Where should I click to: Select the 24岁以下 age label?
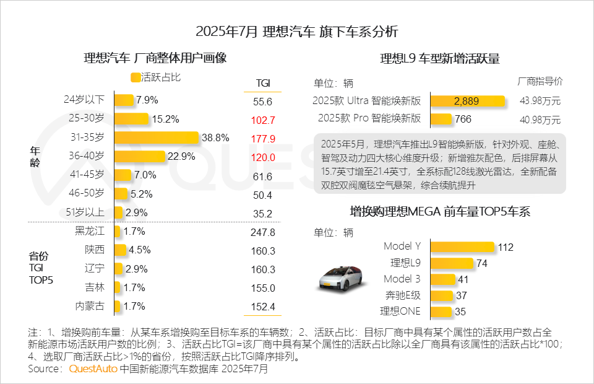point(84,100)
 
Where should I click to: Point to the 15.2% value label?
point(165,119)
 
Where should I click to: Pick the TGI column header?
point(262,83)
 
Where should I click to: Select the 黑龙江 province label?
point(89,232)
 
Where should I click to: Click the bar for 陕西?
point(120,250)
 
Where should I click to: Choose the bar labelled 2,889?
point(467,101)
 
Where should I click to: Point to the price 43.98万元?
point(540,102)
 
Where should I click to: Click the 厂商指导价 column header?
point(540,81)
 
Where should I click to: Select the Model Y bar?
point(462,247)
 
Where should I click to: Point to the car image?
point(340,277)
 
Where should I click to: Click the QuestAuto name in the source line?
point(93,369)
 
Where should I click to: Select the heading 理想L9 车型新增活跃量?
point(439,59)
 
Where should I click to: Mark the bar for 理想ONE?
point(441,312)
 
